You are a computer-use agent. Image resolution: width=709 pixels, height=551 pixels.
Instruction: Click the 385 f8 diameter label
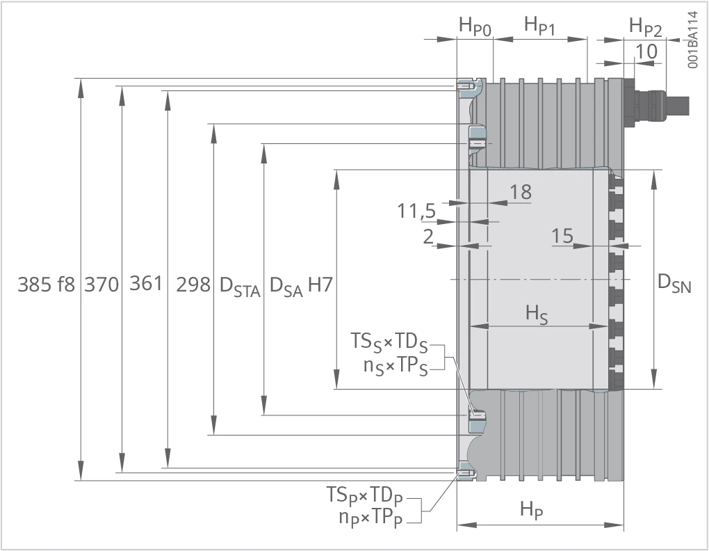(46, 285)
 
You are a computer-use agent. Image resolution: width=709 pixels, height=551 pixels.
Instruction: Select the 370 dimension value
(101, 285)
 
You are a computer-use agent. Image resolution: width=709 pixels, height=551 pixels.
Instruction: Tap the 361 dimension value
(145, 284)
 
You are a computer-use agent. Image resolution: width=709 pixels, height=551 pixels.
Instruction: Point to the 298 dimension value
(193, 285)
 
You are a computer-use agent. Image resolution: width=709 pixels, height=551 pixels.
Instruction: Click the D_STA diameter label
(240, 287)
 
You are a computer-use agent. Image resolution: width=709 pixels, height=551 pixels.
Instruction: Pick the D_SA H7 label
(301, 287)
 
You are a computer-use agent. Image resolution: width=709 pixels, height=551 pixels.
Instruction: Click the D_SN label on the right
(674, 284)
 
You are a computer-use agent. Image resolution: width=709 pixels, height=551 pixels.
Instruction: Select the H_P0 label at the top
(475, 26)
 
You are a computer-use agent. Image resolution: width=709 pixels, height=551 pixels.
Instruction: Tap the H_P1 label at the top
(539, 25)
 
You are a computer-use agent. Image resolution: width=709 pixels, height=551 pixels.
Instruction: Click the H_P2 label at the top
(645, 27)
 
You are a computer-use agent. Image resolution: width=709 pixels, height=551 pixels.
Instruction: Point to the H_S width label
(537, 314)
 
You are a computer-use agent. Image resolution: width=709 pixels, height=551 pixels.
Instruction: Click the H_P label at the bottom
(531, 510)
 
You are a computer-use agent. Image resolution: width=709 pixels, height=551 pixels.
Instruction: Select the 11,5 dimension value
(416, 211)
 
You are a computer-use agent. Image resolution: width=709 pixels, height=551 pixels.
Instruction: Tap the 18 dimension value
(521, 192)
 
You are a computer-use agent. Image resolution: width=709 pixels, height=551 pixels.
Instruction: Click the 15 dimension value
(562, 236)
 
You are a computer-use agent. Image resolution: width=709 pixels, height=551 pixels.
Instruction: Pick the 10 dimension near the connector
(646, 51)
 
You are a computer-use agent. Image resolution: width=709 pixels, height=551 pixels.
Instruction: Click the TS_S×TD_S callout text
(389, 342)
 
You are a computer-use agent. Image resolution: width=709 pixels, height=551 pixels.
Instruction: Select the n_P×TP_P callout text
(370, 518)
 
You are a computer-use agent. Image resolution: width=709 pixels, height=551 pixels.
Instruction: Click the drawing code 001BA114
(693, 40)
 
